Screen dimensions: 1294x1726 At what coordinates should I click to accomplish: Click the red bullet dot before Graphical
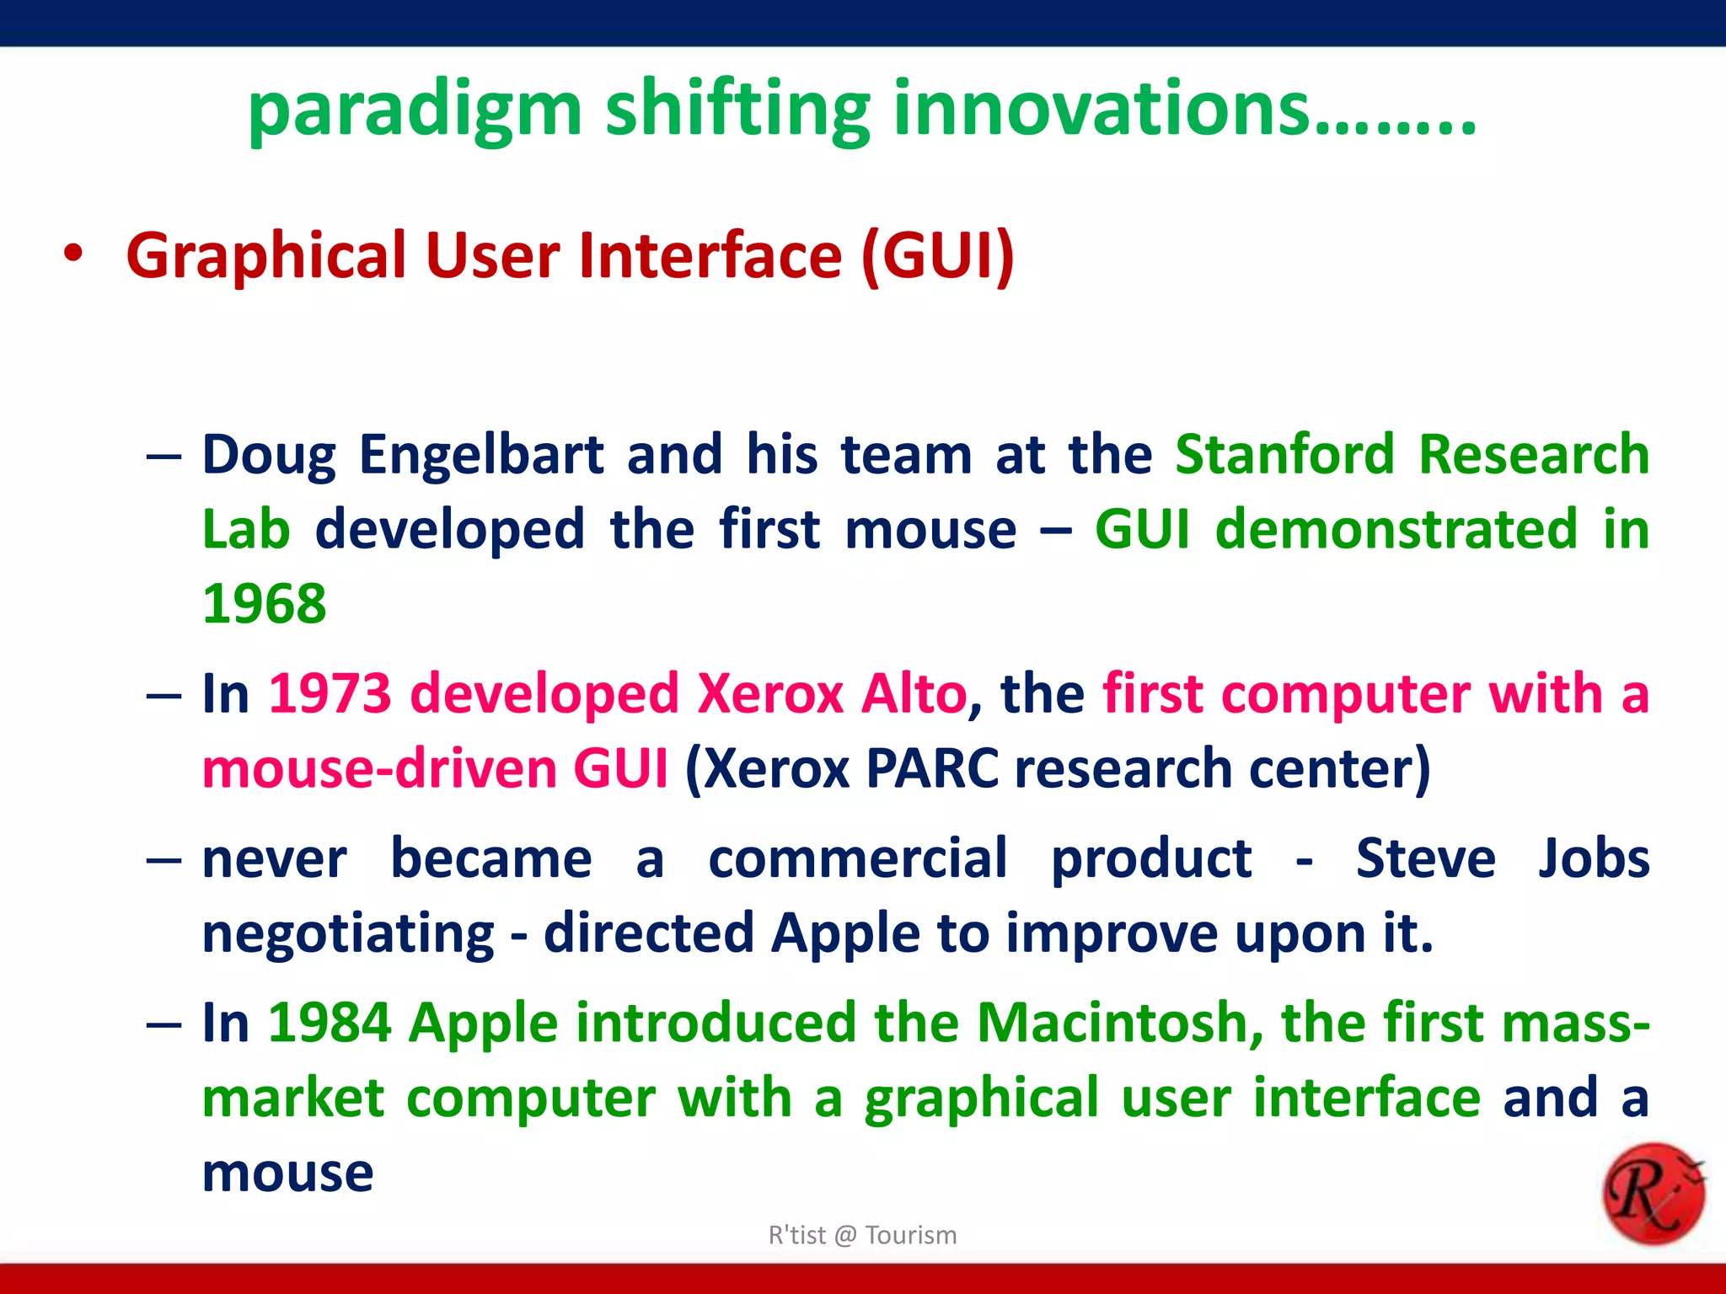pos(74,254)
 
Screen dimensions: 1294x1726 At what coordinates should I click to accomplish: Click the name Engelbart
pos(481,456)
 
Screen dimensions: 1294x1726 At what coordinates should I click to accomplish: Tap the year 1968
pos(265,604)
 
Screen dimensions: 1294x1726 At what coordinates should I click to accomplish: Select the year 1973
pos(330,694)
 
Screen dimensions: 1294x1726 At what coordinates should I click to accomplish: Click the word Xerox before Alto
pos(770,694)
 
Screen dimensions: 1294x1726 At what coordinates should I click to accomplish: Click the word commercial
pos(857,859)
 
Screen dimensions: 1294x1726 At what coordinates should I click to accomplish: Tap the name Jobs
pos(1593,859)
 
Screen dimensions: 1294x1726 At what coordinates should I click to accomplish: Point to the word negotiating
pos(348,934)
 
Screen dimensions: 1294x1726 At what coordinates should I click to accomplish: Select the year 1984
pos(330,1024)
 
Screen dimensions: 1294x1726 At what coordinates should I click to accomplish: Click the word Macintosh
pos(1112,1024)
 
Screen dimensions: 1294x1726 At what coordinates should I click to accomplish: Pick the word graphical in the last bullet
pos(982,1099)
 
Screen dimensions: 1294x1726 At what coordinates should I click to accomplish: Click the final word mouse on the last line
pos(287,1174)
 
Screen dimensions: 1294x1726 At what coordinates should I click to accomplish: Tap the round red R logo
pos(1652,1194)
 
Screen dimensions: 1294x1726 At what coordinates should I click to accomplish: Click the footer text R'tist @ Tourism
pos(862,1235)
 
